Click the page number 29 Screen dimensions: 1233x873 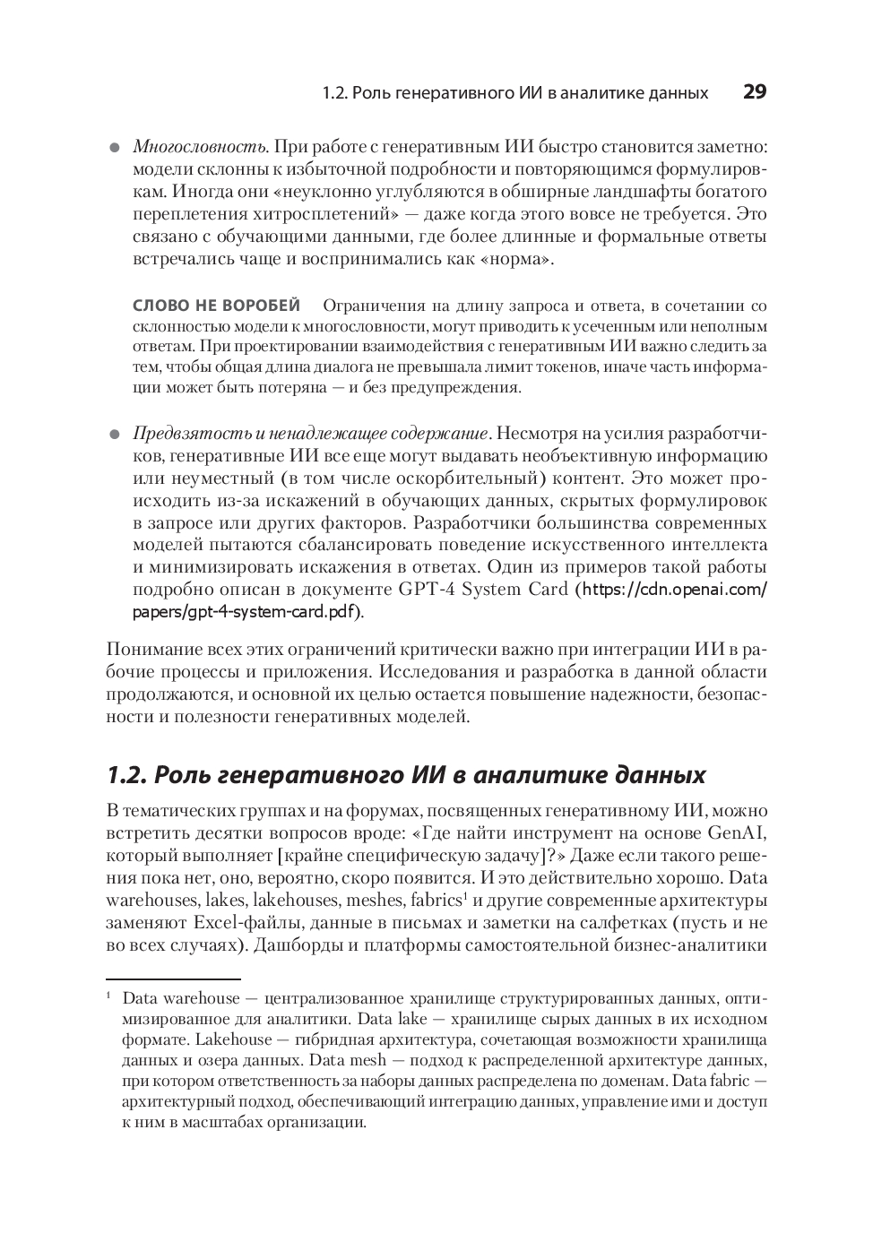coord(755,91)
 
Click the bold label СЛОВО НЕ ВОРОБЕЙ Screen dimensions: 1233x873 coord(216,306)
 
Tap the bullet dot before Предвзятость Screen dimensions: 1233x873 coord(114,435)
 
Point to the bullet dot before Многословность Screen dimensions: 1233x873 coord(114,148)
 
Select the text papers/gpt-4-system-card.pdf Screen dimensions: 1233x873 coord(246,612)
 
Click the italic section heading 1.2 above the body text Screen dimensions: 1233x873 coord(405,774)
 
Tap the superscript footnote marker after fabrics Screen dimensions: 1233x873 coord(467,894)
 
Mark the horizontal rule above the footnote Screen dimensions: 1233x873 coord(173,979)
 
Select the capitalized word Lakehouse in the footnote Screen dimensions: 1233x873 coord(233,1039)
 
